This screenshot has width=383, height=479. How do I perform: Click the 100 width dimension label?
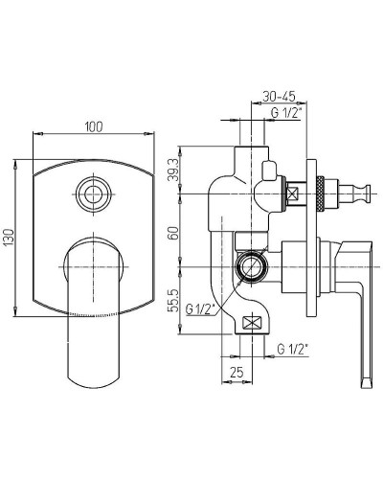[x=94, y=126]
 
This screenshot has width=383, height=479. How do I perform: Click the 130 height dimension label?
[x=10, y=238]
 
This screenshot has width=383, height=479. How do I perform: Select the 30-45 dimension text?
[x=279, y=96]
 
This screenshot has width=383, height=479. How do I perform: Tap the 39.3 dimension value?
[x=173, y=170]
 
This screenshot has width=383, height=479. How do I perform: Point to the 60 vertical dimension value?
[x=174, y=233]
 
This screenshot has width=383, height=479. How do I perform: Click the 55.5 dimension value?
[x=174, y=301]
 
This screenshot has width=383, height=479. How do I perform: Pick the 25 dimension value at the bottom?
[x=237, y=372]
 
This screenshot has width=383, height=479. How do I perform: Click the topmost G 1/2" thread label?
[x=285, y=113]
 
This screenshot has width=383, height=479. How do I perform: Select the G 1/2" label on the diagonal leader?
[x=200, y=309]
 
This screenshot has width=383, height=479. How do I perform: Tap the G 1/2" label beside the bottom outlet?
[x=292, y=349]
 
